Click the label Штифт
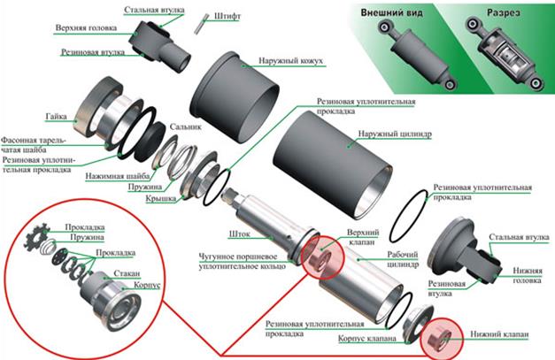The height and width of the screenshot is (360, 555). click(x=227, y=16)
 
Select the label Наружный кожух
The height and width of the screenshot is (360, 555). click(x=290, y=61)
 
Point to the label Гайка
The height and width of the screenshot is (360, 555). click(x=56, y=117)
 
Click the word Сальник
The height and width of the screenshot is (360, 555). click(x=186, y=126)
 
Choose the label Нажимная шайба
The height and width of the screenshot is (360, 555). click(x=118, y=176)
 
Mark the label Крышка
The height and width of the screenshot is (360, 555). click(x=161, y=199)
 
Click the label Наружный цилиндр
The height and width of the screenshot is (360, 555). click(x=395, y=134)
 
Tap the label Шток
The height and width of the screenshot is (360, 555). click(x=240, y=234)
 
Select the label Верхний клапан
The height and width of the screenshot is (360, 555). click(x=363, y=237)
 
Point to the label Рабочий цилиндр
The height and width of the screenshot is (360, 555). click(x=403, y=259)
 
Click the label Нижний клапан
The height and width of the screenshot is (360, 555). click(x=499, y=334)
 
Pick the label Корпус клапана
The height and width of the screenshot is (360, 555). click(x=367, y=339)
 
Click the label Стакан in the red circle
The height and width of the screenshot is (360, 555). click(x=127, y=273)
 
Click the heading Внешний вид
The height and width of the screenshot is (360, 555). click(x=391, y=12)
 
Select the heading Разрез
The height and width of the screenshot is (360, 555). click(x=504, y=12)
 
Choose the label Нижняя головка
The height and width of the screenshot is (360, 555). click(x=528, y=275)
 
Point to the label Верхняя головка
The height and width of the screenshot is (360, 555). click(x=86, y=27)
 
